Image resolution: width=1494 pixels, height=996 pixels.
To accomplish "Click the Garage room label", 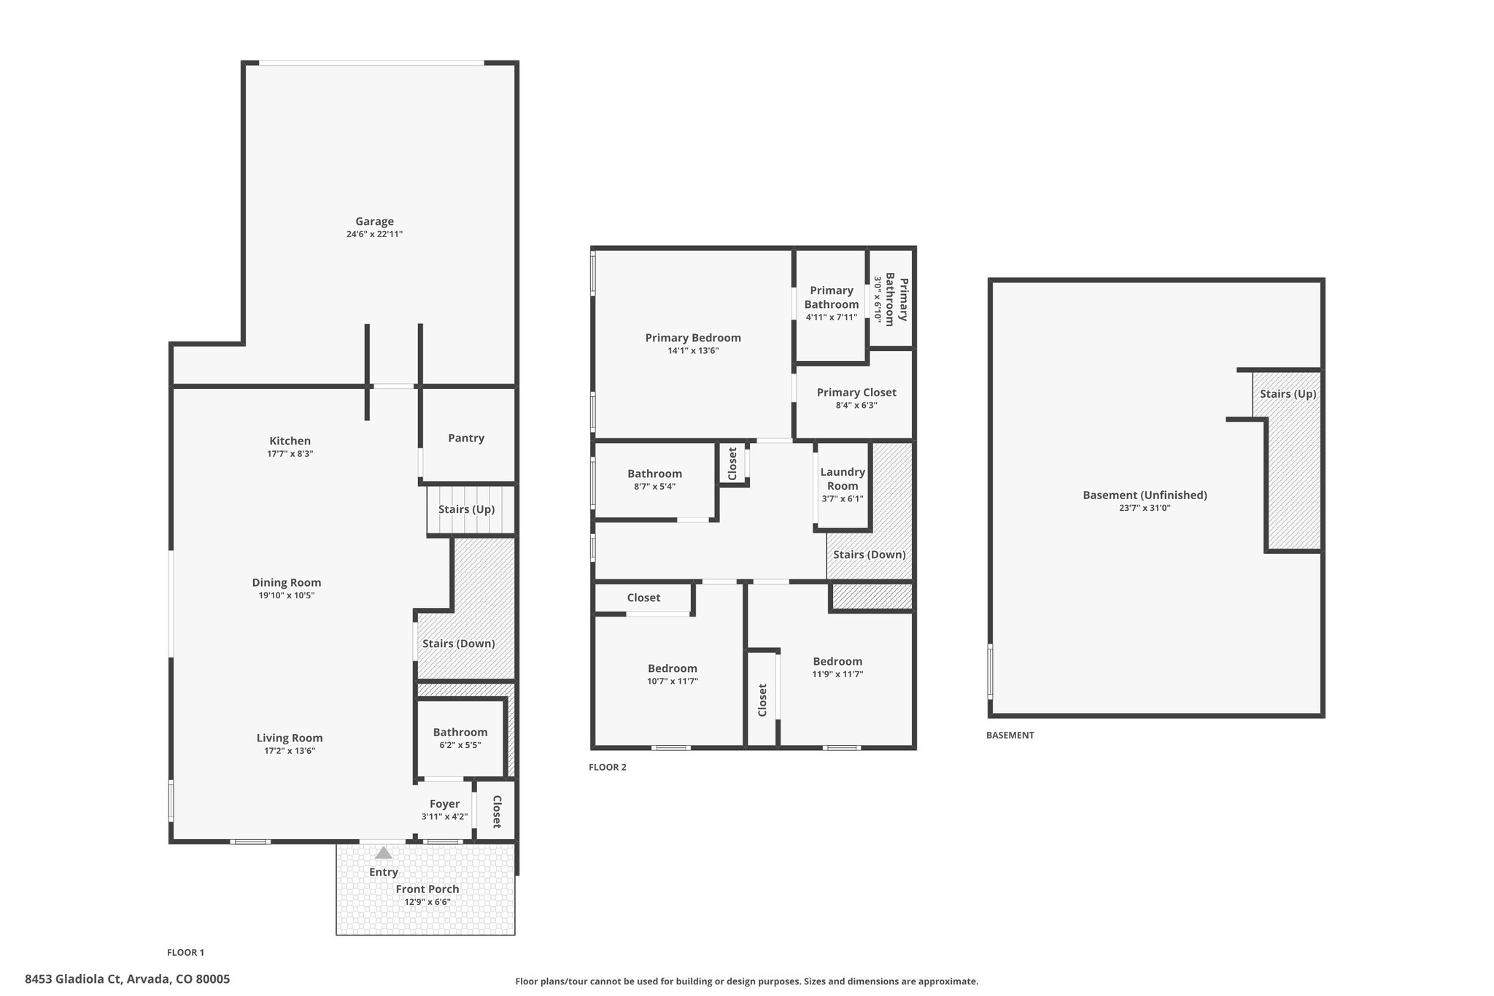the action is click(x=374, y=221).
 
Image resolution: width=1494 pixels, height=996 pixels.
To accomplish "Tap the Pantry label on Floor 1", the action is click(x=466, y=438).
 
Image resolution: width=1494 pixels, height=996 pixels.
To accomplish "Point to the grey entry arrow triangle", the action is click(x=383, y=852).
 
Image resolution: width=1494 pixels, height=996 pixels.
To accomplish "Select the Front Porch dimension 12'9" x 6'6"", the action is click(x=427, y=902).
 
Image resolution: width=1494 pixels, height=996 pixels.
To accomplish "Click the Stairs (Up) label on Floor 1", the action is click(x=466, y=509).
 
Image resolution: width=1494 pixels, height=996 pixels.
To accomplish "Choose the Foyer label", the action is click(x=444, y=804).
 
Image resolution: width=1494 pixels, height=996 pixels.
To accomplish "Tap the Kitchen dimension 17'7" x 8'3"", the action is click(x=290, y=454).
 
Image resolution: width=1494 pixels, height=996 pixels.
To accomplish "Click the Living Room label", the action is click(x=290, y=738).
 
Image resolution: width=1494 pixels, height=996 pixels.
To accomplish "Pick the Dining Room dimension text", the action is click(x=287, y=595).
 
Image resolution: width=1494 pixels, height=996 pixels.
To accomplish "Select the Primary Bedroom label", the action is click(x=693, y=338).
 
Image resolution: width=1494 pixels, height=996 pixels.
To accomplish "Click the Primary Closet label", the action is click(x=856, y=393).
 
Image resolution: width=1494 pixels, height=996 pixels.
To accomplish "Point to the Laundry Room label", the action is click(x=843, y=479).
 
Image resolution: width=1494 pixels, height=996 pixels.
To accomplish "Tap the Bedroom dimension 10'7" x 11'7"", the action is click(x=673, y=682).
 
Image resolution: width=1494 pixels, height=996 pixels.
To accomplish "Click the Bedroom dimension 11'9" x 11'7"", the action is click(x=837, y=674).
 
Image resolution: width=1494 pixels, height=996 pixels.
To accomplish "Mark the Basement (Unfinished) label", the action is click(x=1145, y=495).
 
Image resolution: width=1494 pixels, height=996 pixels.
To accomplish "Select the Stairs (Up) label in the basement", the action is click(x=1288, y=394).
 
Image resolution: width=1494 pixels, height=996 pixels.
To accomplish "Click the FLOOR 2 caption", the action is click(x=608, y=767).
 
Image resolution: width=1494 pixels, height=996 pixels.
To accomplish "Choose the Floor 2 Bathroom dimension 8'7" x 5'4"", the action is click(x=655, y=487).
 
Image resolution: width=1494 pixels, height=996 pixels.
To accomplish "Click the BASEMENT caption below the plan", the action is click(x=1010, y=735).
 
